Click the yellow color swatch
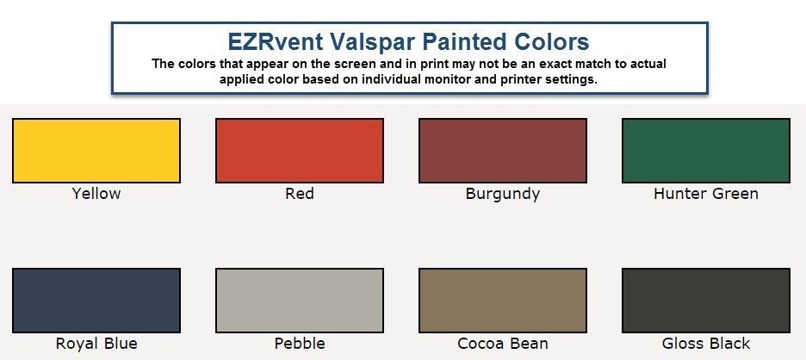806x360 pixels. [x=96, y=151]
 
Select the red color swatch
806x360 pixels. [x=300, y=151]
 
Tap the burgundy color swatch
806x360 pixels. [x=503, y=151]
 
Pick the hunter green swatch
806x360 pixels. [x=706, y=151]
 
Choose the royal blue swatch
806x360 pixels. [x=96, y=301]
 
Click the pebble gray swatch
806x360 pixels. [x=300, y=301]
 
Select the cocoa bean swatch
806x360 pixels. [x=503, y=301]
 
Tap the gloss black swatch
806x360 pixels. [x=706, y=301]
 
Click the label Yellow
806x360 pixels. [x=96, y=194]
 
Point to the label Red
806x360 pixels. [x=300, y=194]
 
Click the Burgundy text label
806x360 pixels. [x=503, y=195]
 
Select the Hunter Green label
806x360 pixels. [x=706, y=194]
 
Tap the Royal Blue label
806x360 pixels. [x=96, y=344]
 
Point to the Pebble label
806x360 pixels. [x=300, y=343]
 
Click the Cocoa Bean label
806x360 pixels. [x=503, y=343]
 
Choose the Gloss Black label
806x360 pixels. [x=706, y=343]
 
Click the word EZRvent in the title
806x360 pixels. [x=268, y=41]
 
